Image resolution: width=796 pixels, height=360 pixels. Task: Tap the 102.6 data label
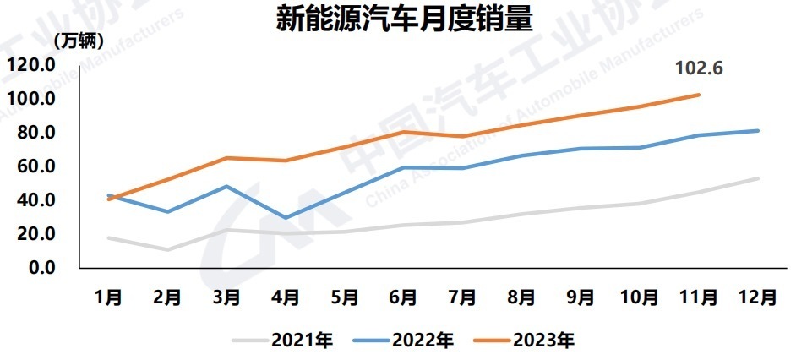pos(698,68)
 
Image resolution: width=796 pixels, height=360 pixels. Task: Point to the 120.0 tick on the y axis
pos(31,65)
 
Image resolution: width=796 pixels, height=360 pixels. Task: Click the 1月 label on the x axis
pos(108,297)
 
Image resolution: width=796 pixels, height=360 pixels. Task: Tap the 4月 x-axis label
pos(286,297)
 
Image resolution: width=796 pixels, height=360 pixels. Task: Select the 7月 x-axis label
pos(462,297)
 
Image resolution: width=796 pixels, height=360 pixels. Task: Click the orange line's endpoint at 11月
pos(699,95)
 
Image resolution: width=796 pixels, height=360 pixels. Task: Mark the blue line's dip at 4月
pos(286,218)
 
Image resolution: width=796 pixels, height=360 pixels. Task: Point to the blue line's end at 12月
pos(758,131)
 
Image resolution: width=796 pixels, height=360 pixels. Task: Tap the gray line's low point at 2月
pos(167,249)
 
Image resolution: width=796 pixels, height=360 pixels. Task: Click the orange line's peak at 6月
pos(403,132)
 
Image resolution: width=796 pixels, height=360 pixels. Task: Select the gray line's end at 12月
pos(758,178)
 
